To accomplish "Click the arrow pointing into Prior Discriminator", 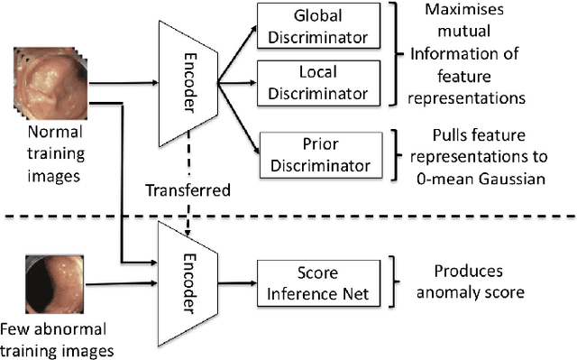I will point(238,140).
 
